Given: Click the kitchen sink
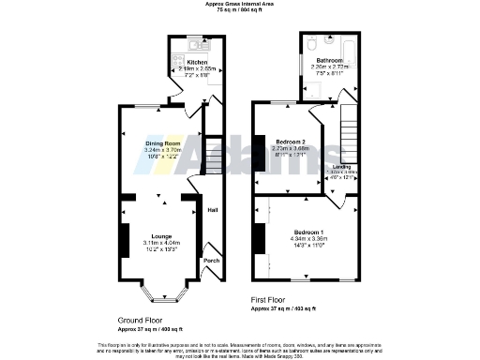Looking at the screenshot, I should pyautogui.click(x=197, y=43).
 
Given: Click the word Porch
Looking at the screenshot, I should pyautogui.click(x=212, y=262).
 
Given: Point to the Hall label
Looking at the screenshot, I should pyautogui.click(x=212, y=210).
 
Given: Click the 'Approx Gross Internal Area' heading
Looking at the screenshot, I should pyautogui.click(x=240, y=5).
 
